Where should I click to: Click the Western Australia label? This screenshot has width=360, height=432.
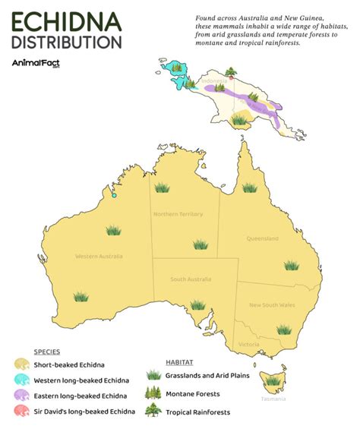(99, 256)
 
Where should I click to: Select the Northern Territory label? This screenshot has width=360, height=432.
(178, 214)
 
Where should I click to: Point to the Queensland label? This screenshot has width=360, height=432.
(263, 238)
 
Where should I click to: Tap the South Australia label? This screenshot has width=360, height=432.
(189, 279)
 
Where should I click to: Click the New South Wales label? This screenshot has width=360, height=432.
(272, 304)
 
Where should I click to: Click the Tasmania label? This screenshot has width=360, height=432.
(273, 399)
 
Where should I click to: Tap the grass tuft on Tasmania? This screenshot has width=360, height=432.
(273, 380)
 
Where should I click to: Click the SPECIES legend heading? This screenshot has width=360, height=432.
(47, 352)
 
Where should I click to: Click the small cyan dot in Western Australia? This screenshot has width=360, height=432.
(114, 195)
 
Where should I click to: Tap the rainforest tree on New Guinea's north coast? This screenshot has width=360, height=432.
(229, 73)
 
